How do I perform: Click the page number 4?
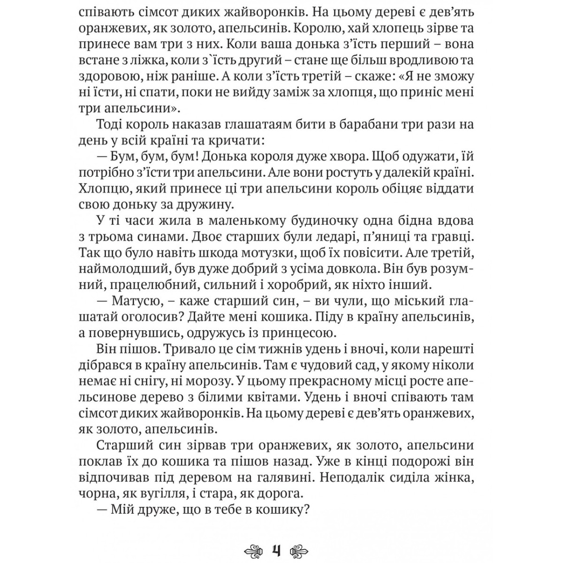pos(276,549)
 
